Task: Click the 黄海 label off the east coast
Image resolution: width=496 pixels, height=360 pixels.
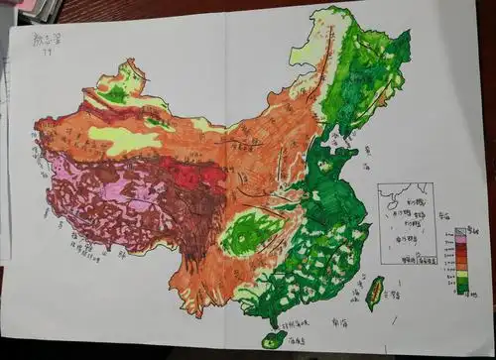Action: [x=368, y=152]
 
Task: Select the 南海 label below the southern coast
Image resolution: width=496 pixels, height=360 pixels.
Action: [x=338, y=322]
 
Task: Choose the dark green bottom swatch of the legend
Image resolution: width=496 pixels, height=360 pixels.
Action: [x=459, y=291]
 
